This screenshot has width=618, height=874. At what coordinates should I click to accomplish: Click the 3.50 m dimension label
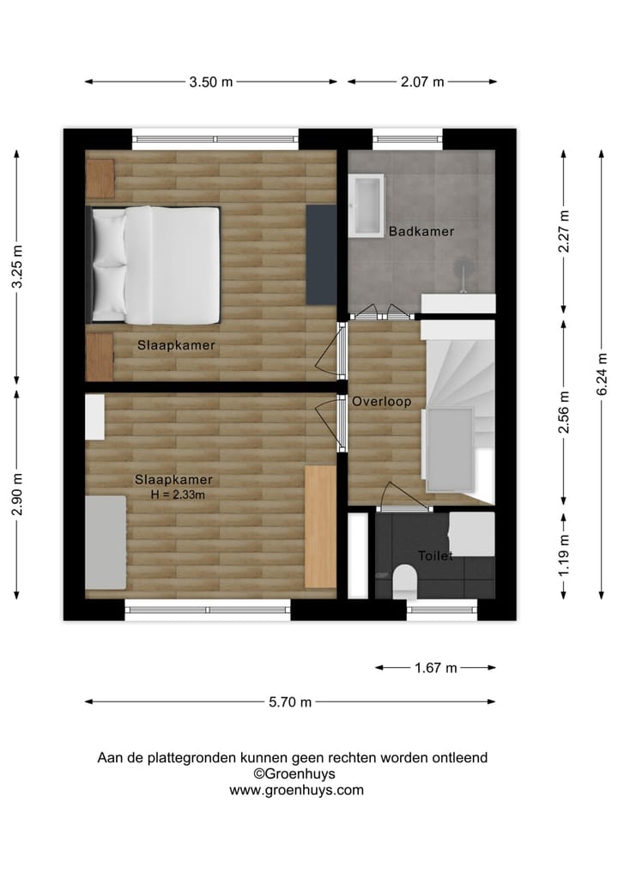[211, 82]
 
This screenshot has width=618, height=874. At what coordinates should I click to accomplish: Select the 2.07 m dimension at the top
[422, 82]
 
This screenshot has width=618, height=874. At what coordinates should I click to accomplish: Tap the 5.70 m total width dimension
[289, 702]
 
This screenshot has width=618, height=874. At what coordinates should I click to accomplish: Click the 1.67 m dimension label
[435, 668]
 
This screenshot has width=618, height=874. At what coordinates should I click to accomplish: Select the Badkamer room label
[421, 232]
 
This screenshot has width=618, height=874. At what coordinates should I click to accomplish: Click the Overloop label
[381, 402]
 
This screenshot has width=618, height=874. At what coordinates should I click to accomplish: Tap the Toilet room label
[434, 556]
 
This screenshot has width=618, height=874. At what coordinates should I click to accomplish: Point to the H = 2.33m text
[177, 495]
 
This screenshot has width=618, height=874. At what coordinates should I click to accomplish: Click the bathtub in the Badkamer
[367, 205]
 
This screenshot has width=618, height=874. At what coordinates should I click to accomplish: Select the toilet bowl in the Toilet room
[403, 584]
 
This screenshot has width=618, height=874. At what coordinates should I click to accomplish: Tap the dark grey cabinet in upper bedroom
[321, 253]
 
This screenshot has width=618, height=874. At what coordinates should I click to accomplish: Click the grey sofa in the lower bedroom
[105, 543]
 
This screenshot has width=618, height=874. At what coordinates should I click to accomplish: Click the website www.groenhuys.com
[296, 791]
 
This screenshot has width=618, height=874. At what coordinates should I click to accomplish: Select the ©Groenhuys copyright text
[294, 774]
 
